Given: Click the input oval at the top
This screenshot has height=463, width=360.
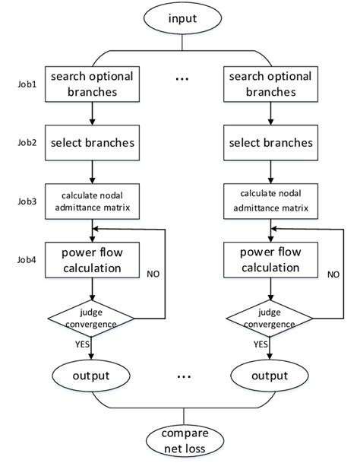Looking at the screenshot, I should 180,18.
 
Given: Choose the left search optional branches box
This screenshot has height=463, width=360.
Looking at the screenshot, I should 92,84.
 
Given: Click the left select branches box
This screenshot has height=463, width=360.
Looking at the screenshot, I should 92,142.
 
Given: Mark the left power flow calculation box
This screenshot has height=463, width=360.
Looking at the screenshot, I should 92,259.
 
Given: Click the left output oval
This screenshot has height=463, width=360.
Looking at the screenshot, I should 92,376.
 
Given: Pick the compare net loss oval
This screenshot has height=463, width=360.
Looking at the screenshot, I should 180,442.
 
